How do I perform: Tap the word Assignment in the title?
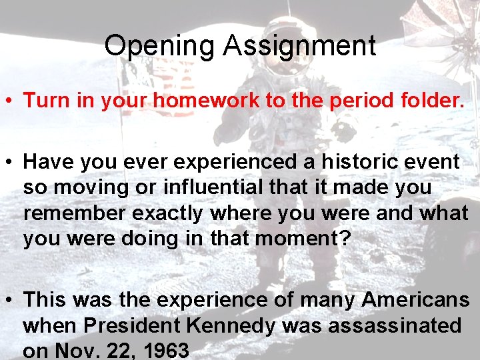pyautogui.click(x=299, y=46)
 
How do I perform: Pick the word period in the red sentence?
pyautogui.click(x=338, y=101)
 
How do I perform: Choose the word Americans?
pyautogui.click(x=415, y=301)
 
